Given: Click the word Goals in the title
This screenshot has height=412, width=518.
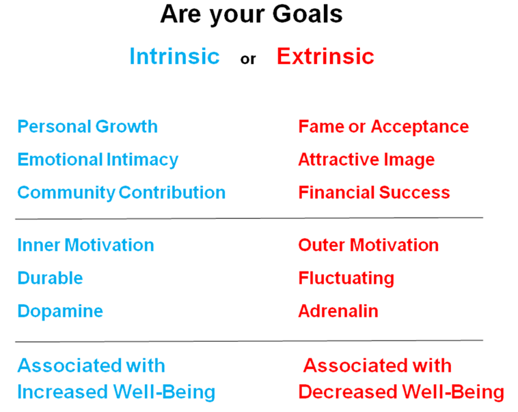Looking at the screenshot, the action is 308,14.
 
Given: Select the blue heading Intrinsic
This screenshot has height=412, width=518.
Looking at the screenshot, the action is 174,56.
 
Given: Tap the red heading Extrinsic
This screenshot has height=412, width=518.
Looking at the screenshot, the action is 325,56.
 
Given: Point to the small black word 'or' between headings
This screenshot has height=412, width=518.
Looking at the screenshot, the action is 248,59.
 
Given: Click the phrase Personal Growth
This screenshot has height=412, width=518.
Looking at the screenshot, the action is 87,127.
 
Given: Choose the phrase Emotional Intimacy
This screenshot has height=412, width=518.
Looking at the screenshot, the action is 98,160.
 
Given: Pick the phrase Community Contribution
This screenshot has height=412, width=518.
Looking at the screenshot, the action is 122,192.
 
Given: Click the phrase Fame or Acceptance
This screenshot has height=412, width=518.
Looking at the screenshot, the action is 383,127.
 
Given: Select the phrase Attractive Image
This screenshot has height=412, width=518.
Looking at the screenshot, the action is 366,160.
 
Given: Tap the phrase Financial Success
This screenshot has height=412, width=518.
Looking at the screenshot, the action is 374,192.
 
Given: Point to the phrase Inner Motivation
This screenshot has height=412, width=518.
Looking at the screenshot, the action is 85,245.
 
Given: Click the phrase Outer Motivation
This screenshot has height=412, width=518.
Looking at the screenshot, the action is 368,245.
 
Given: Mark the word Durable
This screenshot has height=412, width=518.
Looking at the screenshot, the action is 50,278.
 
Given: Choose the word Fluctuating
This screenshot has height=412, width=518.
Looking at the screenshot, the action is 346,278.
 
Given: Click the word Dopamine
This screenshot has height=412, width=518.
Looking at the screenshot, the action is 60,312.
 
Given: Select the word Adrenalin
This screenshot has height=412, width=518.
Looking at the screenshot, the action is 338,311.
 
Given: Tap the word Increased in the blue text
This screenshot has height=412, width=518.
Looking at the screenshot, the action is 62,392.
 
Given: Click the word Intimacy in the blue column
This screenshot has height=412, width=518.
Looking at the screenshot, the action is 142,160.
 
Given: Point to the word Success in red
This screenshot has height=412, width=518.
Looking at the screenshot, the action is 415,192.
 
